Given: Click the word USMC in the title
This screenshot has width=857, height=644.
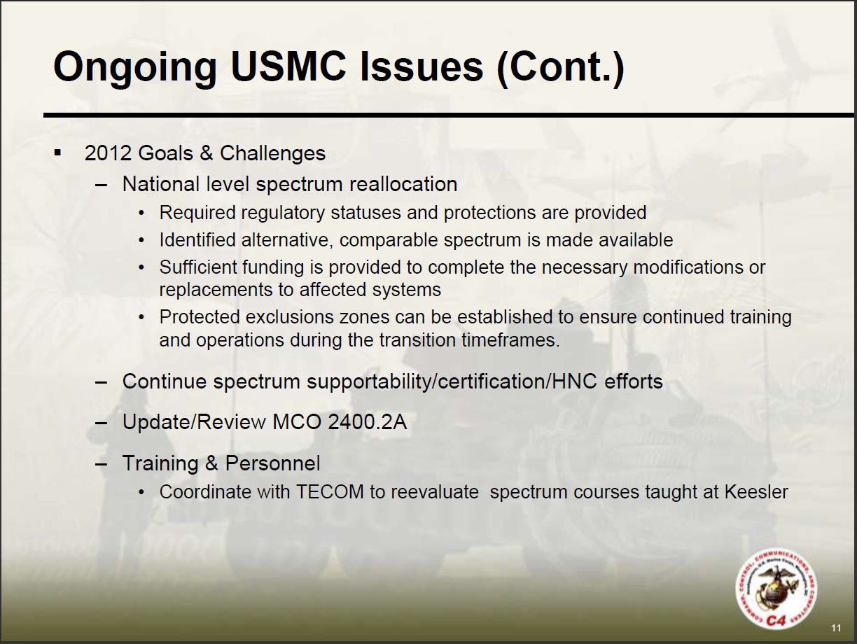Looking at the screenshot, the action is [x=288, y=66].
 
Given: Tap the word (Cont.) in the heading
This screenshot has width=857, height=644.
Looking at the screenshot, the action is [x=560, y=69].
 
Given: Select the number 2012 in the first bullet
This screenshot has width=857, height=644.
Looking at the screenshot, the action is [x=108, y=153].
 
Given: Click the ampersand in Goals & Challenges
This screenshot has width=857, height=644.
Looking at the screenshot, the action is [x=206, y=153].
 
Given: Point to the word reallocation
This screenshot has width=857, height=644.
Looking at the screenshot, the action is [x=403, y=184].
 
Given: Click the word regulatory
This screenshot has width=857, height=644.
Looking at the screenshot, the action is [x=283, y=213].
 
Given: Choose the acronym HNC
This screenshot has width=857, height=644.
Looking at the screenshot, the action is [x=574, y=381].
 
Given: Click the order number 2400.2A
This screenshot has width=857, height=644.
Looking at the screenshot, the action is [x=368, y=422].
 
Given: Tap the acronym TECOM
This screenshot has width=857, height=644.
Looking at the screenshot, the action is [x=330, y=492].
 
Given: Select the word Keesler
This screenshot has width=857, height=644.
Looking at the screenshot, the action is [x=756, y=492].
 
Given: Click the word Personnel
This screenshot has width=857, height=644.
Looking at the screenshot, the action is [x=272, y=463].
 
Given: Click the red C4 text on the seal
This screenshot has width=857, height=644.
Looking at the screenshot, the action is [x=775, y=620].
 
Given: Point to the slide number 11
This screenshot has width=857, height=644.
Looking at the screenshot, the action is [x=836, y=628].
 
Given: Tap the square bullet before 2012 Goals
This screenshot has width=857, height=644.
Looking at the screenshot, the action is [x=58, y=153].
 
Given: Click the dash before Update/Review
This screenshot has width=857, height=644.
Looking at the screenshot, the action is [x=101, y=423].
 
